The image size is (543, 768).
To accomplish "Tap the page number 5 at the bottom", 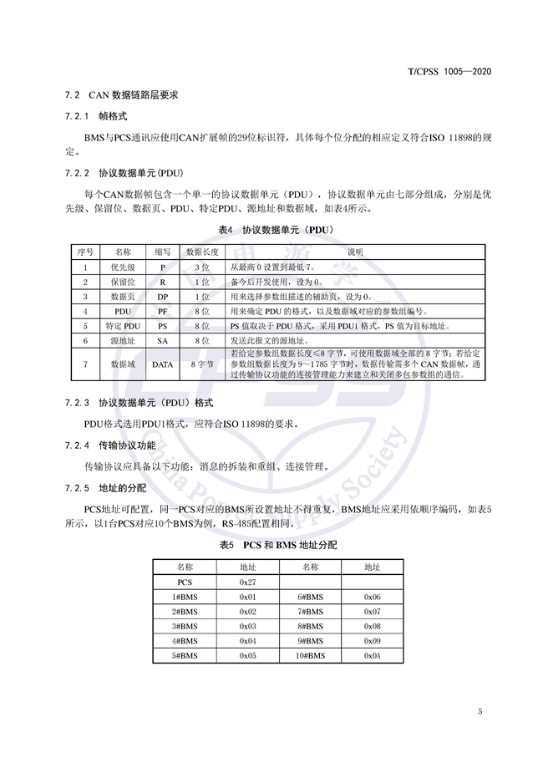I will tap(480, 712).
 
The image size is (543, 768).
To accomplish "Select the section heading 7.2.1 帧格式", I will tap(95, 116).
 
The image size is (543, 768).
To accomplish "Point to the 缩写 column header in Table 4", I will tap(163, 251).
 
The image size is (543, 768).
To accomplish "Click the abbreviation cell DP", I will tap(163, 296).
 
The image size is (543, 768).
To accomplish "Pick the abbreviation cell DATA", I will tap(163, 364).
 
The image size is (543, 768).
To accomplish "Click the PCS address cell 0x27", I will tap(247, 580).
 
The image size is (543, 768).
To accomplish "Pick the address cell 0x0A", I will tap(373, 655).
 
